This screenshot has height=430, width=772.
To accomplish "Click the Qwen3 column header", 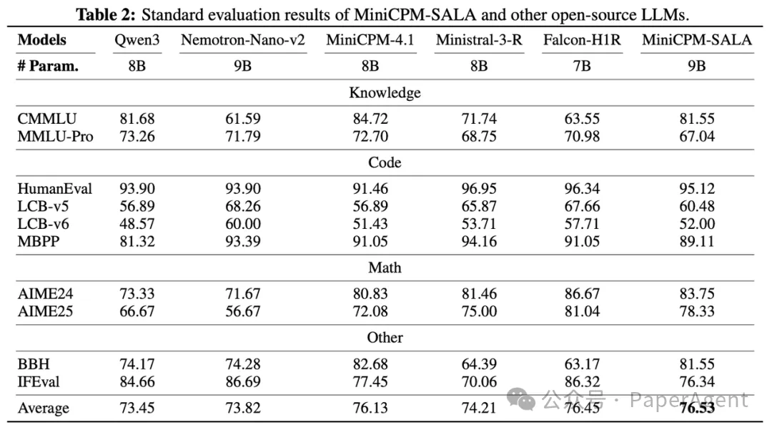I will tap(137, 40).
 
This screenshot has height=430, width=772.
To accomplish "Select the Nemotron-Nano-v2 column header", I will tap(243, 40).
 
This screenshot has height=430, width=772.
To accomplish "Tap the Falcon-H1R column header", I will tap(582, 40).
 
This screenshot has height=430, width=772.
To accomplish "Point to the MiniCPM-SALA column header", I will tap(697, 40).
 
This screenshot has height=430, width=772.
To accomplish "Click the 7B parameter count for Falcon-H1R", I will tap(582, 67).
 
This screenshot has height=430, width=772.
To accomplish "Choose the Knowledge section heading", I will tap(385, 92).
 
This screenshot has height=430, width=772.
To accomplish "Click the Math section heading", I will tap(385, 268).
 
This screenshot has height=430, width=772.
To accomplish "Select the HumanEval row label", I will tap(55, 189).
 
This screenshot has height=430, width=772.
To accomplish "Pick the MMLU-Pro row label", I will tap(56, 136).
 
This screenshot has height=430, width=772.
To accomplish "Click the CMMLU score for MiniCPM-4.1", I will tap(370, 119).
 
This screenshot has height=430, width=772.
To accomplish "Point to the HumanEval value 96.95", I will tap(479, 189).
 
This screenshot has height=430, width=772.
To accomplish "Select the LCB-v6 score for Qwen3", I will tap(137, 223).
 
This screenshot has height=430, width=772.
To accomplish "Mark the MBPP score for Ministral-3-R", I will tap(479, 241).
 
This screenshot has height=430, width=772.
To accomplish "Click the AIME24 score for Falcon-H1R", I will tap(582, 293).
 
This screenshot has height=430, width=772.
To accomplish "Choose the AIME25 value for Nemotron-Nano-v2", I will tap(243, 311).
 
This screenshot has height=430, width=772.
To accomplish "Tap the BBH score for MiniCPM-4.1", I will tap(370, 364).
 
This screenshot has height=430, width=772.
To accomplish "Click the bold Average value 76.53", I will tap(697, 408).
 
